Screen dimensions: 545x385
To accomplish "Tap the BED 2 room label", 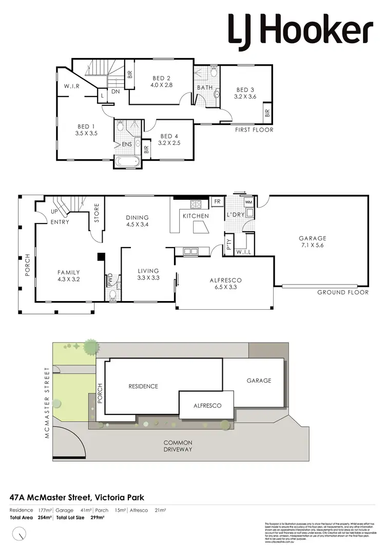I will pyautogui.click(x=162, y=78).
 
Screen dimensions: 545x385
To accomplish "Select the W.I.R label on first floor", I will pyautogui.click(x=71, y=86).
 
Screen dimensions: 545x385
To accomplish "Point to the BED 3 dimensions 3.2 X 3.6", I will pyautogui.click(x=244, y=96).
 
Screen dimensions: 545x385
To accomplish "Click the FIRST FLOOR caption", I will pyautogui.click(x=254, y=130).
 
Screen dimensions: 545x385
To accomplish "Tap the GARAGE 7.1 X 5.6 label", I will pyautogui.click(x=313, y=241).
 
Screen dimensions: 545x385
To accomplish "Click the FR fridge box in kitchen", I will pyautogui.click(x=218, y=202).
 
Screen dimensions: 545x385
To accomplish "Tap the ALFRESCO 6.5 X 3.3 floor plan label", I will pyautogui.click(x=225, y=284).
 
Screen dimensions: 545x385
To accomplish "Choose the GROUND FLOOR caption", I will pyautogui.click(x=342, y=292).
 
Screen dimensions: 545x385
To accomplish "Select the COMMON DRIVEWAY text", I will pyautogui.click(x=178, y=446).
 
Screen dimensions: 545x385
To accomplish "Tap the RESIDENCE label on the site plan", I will pyautogui.click(x=143, y=386).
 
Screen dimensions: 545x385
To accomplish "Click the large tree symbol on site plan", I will pyautogui.click(x=91, y=347).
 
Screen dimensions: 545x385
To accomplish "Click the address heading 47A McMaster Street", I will pyautogui.click(x=77, y=497).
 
